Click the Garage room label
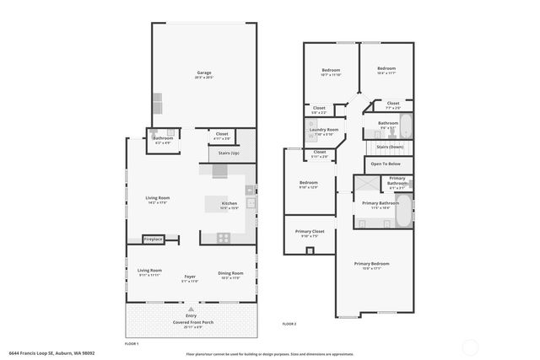204,73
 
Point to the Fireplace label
153,239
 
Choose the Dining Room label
230,272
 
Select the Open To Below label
386,164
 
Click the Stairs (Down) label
389,147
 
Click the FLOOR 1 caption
131,344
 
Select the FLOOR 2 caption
289,323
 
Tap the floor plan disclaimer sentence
270,354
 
